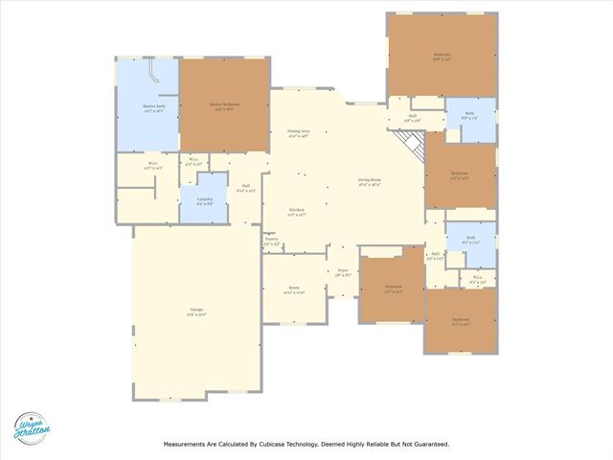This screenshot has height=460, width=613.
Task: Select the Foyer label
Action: (x=343, y=272)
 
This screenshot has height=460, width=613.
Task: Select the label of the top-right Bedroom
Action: (x=441, y=56)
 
